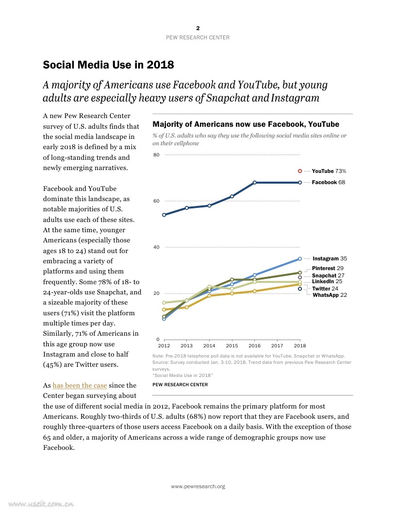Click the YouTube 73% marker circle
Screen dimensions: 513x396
click(300, 171)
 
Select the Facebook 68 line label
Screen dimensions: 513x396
click(328, 182)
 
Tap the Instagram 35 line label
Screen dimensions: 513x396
click(330, 258)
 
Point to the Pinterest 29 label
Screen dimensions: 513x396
click(328, 268)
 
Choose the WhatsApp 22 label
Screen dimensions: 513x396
click(330, 295)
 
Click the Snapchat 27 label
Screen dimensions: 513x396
click(328, 275)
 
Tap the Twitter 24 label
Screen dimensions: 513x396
click(325, 289)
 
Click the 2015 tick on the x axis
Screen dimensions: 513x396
click(231, 346)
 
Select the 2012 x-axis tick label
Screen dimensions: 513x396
click(164, 346)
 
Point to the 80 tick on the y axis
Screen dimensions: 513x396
click(156, 155)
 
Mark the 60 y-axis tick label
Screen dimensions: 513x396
click(156, 201)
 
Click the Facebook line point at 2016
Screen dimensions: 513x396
click(255, 183)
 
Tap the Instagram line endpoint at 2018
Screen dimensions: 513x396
click(300, 258)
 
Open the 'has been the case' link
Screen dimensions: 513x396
click(80, 385)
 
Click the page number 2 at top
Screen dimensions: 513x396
click(198, 28)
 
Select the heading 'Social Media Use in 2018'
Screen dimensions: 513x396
click(108, 65)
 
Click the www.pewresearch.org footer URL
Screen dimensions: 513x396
click(198, 486)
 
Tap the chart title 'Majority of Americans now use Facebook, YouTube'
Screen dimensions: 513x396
click(246, 124)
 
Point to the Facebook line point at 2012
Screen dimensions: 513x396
click(164, 215)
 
